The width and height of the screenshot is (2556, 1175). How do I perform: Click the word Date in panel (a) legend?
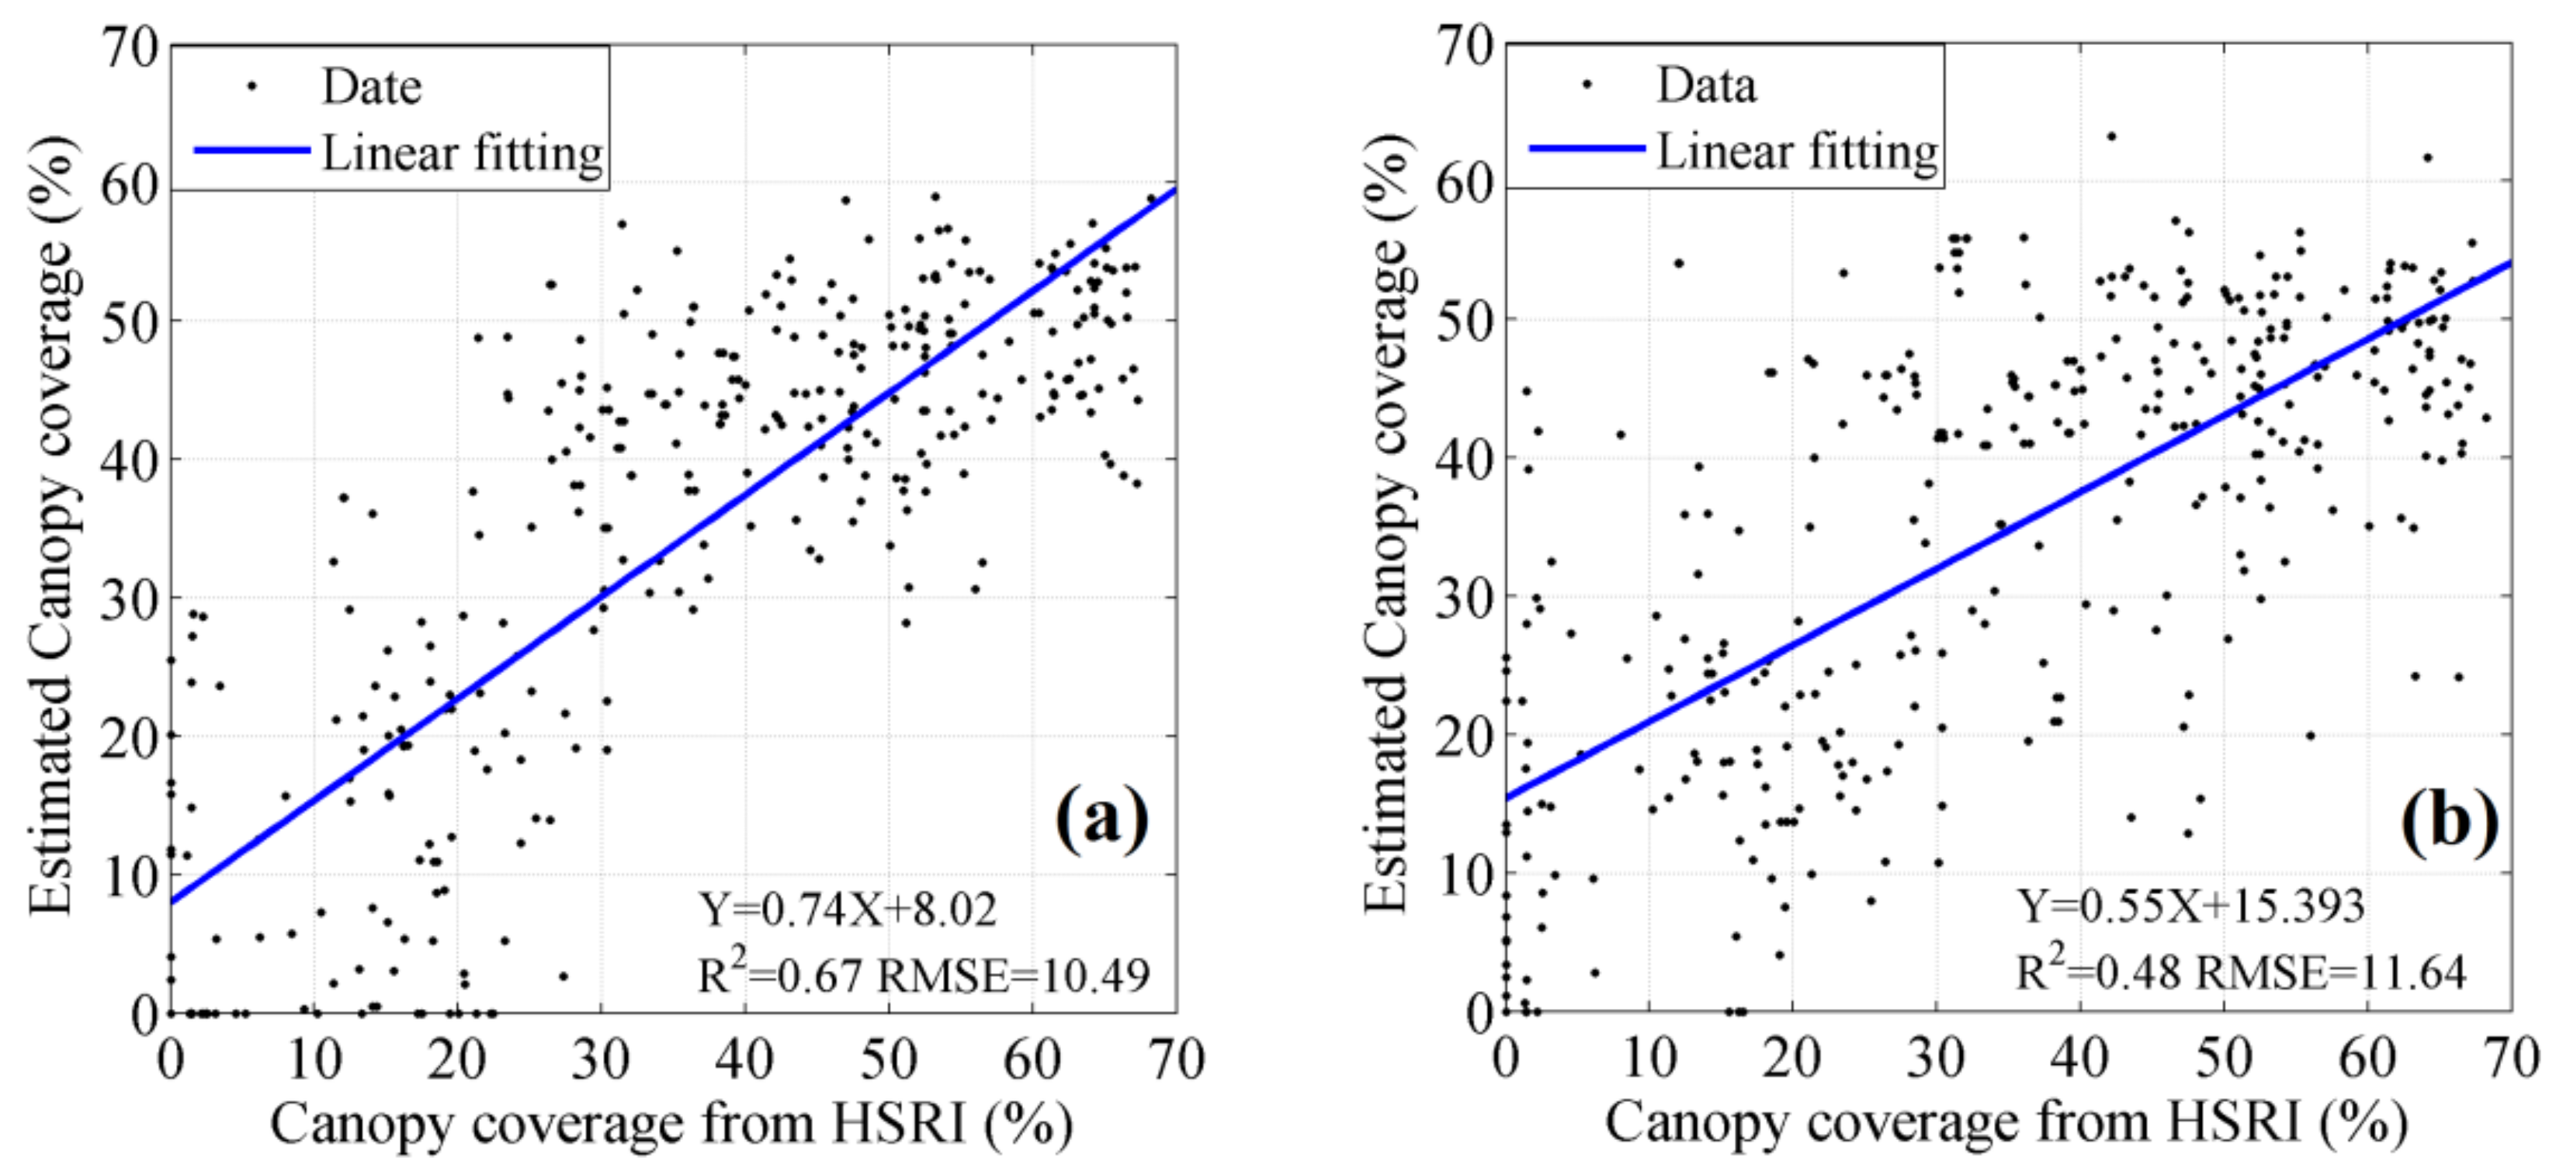pyautogui.click(x=371, y=88)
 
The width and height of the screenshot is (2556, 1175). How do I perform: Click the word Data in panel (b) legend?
pyautogui.click(x=1705, y=86)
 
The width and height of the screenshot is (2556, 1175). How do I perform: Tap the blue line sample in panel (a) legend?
pyautogui.click(x=252, y=151)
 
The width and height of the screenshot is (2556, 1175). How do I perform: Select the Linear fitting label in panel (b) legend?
pyautogui.click(x=1797, y=152)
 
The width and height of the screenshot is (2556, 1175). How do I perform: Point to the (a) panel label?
pyautogui.click(x=1101, y=820)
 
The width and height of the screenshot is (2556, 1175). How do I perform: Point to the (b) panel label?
pyautogui.click(x=2449, y=820)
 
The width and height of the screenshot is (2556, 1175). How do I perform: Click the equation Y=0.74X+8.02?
pyautogui.click(x=848, y=908)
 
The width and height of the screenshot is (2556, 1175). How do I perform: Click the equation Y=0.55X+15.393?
pyautogui.click(x=2190, y=905)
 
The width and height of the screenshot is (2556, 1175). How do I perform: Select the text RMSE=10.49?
pyautogui.click(x=1014, y=975)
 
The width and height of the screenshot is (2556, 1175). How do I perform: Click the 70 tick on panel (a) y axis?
pyautogui.click(x=134, y=47)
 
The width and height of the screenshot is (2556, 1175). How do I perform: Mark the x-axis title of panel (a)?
pyautogui.click(x=671, y=1125)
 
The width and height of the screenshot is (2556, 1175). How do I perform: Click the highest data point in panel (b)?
pyautogui.click(x=2111, y=137)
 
